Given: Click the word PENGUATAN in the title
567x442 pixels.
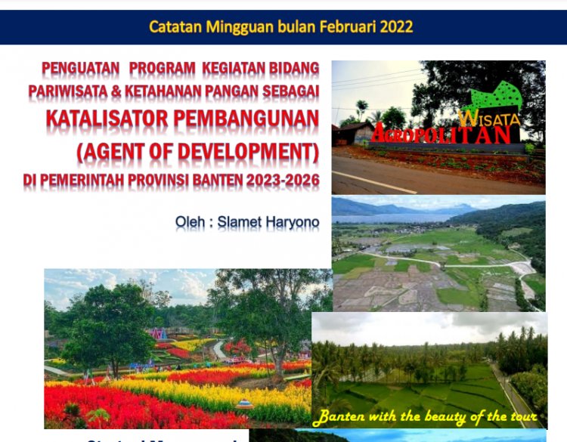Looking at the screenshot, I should (x=81, y=69).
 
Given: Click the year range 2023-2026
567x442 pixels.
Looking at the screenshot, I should (x=289, y=181).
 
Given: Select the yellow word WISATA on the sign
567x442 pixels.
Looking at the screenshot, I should (x=489, y=119).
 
